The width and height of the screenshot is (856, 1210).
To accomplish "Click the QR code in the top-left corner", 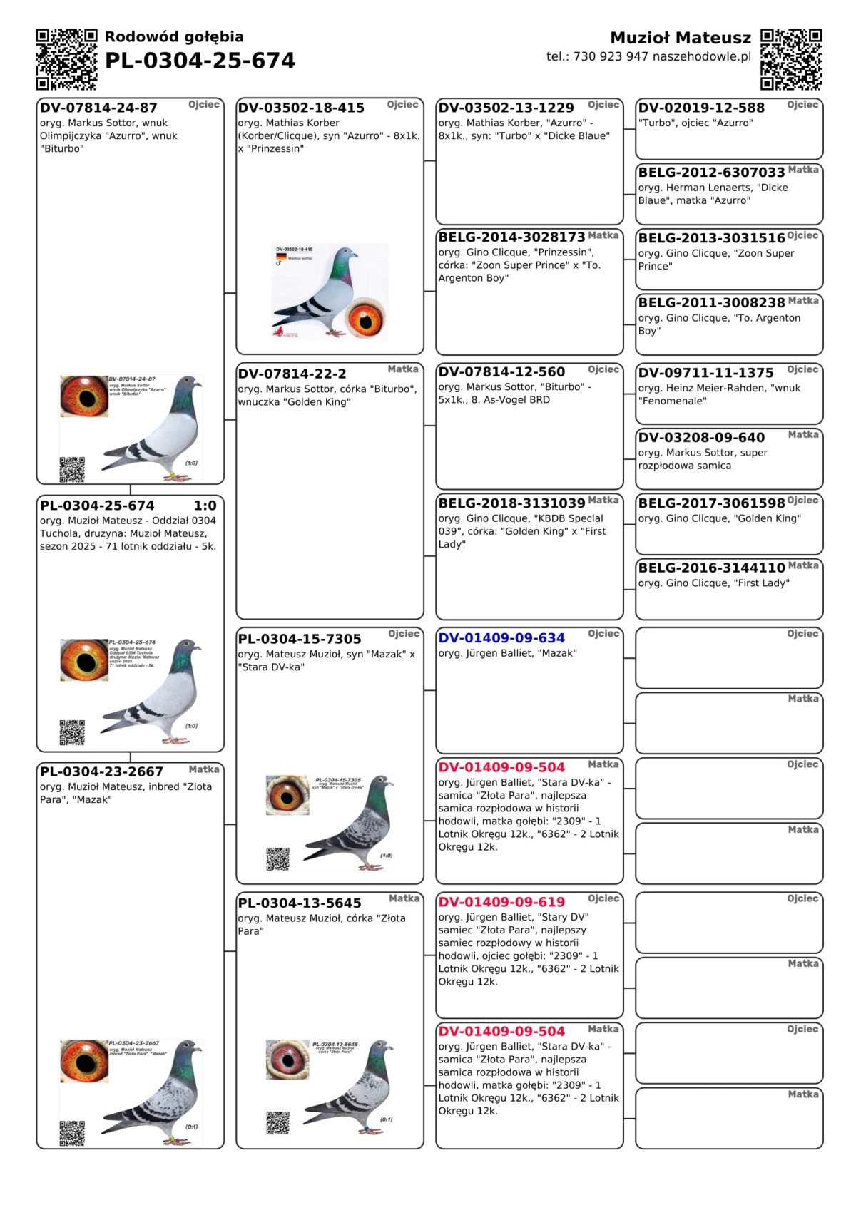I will coord(66,59).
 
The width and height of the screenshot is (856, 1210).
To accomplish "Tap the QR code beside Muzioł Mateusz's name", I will coord(791,59).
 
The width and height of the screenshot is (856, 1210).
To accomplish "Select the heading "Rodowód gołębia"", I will coord(174,36).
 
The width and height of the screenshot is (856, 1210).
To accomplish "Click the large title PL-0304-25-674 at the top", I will coord(200,61).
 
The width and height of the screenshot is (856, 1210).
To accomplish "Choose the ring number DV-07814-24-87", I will coord(98,108).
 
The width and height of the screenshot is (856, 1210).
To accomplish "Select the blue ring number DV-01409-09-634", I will coord(501,638).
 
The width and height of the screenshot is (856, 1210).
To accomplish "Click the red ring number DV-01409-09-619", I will coord(501,902).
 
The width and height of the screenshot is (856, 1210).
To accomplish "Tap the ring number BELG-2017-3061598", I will coord(711,503).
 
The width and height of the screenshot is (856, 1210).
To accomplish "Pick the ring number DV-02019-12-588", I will coord(701,108).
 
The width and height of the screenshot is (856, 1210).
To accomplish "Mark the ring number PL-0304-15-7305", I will coord(300,639).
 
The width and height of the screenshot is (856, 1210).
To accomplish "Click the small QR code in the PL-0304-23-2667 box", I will coord(72,1133).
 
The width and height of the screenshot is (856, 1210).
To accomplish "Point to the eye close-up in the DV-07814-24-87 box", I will coord(84,396).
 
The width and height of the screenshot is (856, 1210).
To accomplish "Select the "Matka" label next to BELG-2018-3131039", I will coord(603,500).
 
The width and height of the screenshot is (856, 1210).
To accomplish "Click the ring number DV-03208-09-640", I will coord(701,438).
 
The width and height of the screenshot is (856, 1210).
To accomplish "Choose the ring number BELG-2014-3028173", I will coord(511,237).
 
